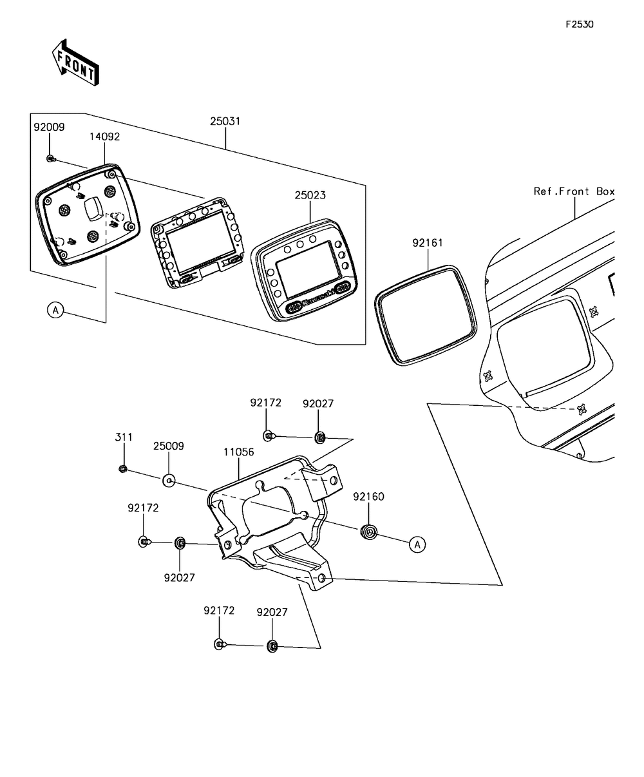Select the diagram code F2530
(580, 24)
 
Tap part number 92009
(49, 128)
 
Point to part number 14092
(104, 137)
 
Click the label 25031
(225, 122)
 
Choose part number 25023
(310, 195)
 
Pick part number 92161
(428, 243)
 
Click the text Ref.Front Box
(574, 191)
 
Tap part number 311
(124, 437)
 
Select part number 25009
(169, 446)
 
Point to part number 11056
(239, 452)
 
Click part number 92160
(369, 497)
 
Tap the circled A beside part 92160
(417, 545)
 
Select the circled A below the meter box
(56, 310)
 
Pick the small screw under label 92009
(51, 159)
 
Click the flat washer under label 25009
(169, 481)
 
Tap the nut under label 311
(123, 469)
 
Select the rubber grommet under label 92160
(369, 532)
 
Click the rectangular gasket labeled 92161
(426, 316)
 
